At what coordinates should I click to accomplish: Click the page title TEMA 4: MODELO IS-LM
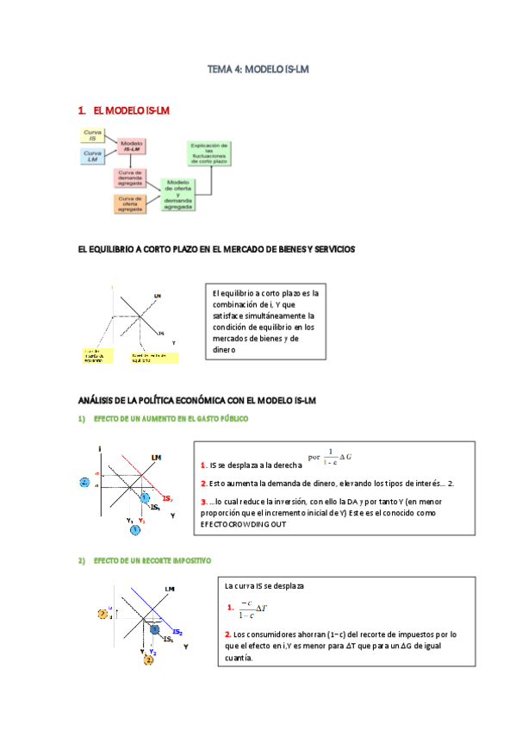coord(258,68)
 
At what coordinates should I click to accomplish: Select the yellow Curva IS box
coord(92,135)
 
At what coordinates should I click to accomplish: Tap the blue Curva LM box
coord(92,156)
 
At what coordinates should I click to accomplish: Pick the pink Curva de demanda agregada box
coord(131,178)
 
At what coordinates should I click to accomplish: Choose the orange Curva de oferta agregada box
coord(131,203)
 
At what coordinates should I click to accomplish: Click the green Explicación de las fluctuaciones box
coord(209,153)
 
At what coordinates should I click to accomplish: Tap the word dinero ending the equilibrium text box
coord(224,350)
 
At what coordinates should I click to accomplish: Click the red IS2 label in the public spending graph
coord(165,499)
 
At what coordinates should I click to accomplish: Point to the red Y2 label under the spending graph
coord(142,522)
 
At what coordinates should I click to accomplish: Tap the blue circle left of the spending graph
coord(84,483)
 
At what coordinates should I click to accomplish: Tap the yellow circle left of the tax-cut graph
coord(103,614)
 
